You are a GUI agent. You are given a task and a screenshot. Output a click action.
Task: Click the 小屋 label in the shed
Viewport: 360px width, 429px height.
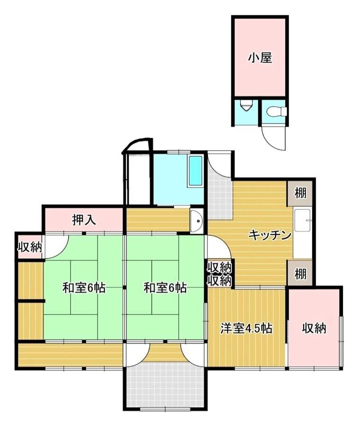coord(260,58)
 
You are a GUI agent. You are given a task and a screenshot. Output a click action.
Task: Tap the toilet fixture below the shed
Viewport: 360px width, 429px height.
coord(277,112)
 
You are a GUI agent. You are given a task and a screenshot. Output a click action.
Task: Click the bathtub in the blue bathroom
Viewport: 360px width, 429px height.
coord(196,171)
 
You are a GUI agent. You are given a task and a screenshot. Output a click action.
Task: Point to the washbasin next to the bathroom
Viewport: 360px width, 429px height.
coord(197,221)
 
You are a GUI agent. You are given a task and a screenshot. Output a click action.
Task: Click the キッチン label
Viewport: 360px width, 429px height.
coord(270,235)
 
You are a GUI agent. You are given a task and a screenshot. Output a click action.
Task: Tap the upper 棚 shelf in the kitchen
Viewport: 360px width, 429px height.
coord(300,194)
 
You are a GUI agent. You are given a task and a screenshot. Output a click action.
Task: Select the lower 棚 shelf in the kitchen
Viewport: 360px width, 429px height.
coord(300,273)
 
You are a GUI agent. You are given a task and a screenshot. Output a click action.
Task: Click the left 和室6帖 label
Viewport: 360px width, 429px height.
coord(84,288)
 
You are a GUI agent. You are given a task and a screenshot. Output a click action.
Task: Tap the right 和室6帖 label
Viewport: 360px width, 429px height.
coord(165,288)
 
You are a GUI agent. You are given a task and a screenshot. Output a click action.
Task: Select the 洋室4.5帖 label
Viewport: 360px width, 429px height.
coord(246,328)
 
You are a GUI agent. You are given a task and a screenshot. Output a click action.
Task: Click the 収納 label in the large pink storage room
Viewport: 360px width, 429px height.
coord(314,328)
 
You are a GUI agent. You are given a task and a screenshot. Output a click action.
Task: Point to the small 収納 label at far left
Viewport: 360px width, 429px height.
coord(30,247)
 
